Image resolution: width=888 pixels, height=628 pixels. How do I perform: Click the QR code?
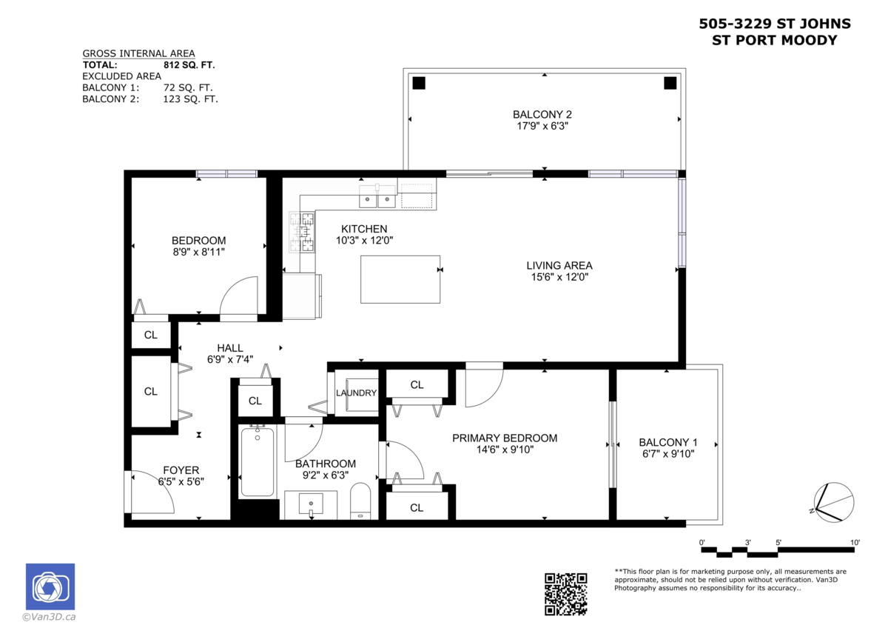[x=565, y=594]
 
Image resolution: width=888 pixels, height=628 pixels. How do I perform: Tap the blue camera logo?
[x=50, y=587]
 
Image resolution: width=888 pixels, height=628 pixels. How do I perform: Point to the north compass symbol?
[x=833, y=502]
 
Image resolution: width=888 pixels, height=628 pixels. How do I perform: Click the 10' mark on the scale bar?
[x=855, y=542]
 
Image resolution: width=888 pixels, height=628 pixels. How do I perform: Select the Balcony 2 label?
[x=542, y=115]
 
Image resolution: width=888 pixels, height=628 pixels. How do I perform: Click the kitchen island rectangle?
[x=400, y=279]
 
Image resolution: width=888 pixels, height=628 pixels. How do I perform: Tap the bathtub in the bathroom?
[x=258, y=462]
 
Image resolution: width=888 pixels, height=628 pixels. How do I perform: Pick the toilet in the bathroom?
[x=360, y=501]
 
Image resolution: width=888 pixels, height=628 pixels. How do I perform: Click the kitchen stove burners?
[x=302, y=232]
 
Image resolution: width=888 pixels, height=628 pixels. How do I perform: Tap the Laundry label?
[x=357, y=392]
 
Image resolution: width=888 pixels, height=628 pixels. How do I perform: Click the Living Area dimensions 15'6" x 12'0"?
[x=559, y=277]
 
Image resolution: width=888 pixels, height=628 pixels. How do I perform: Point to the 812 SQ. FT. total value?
[x=189, y=65]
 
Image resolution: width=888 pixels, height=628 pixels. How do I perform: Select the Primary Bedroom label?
[x=505, y=438]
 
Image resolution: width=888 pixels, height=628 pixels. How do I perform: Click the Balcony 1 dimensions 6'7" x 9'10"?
[x=668, y=453]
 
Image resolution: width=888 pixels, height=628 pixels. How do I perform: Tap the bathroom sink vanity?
[x=311, y=504]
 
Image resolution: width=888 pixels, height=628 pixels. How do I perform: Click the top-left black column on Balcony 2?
[x=419, y=83]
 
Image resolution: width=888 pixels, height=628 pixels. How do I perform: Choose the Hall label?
[x=230, y=348]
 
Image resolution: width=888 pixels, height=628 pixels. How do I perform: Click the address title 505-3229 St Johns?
[x=775, y=24]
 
